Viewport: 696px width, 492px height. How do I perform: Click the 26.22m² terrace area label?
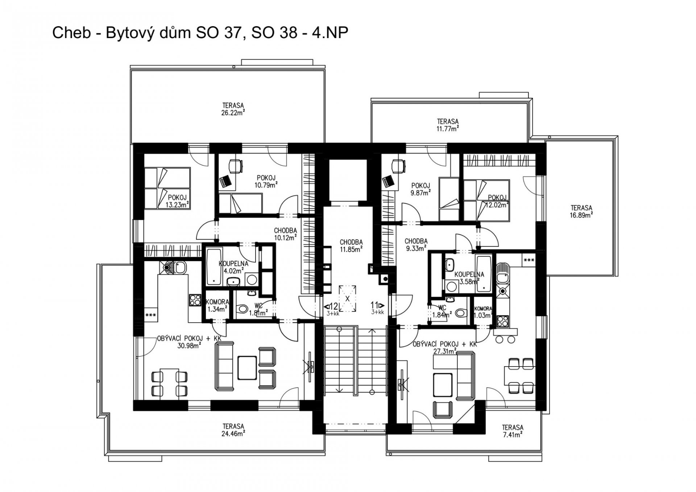point(233,109)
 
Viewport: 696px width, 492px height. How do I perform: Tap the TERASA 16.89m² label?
point(581,211)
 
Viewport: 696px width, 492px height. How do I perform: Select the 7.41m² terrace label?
point(512,431)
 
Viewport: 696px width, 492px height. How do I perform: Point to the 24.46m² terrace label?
point(233,430)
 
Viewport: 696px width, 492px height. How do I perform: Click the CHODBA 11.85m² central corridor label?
point(351,245)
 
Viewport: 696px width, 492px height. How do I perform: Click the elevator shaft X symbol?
point(347,299)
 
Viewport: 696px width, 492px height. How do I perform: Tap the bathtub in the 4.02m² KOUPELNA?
point(214,267)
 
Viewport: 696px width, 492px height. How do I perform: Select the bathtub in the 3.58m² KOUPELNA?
point(484,274)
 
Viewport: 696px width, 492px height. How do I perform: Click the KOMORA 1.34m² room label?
point(217,305)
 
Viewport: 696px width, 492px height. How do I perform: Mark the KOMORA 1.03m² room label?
point(483,312)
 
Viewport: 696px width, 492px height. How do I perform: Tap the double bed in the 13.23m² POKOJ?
point(167,188)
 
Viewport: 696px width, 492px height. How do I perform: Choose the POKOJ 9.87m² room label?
point(420,189)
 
